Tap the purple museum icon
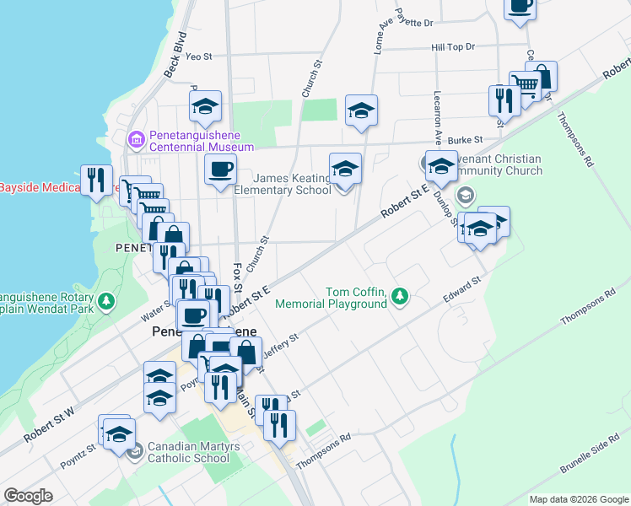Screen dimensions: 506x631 tap(135, 138)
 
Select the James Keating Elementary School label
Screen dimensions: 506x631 tap(282, 184)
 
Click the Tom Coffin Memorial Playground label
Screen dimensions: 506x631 tap(356, 298)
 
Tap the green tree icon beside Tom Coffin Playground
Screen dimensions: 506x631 tap(401, 296)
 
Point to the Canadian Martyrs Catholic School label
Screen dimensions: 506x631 tap(188, 452)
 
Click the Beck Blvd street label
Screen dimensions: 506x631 tap(175, 57)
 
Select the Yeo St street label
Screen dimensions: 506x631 tap(198, 57)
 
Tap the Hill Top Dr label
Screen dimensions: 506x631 tap(453, 47)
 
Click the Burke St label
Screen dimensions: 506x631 tap(464, 140)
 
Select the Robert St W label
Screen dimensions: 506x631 tap(49, 425)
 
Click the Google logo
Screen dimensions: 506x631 tap(28, 496)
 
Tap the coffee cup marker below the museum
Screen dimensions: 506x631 tap(220, 170)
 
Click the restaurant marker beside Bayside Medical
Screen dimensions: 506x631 tap(96, 179)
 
